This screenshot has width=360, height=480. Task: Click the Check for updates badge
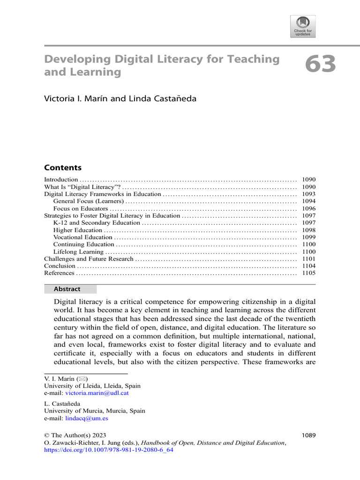pos(303,26)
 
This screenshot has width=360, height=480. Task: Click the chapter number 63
pos(321,64)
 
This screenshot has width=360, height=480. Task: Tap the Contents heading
pos(63,168)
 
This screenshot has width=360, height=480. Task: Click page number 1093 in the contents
pos(309,194)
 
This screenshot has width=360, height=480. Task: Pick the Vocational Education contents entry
pos(82,237)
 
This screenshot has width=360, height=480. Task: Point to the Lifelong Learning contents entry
pos(78,252)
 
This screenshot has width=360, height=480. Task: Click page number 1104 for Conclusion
pos(309,266)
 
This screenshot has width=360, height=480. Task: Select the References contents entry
pos(59,273)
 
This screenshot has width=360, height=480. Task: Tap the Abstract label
pos(67,289)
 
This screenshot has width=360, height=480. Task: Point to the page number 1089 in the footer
pos(308,435)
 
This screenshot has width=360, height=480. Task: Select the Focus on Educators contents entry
pos(81,209)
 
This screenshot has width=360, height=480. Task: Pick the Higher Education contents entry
pos(78,230)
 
